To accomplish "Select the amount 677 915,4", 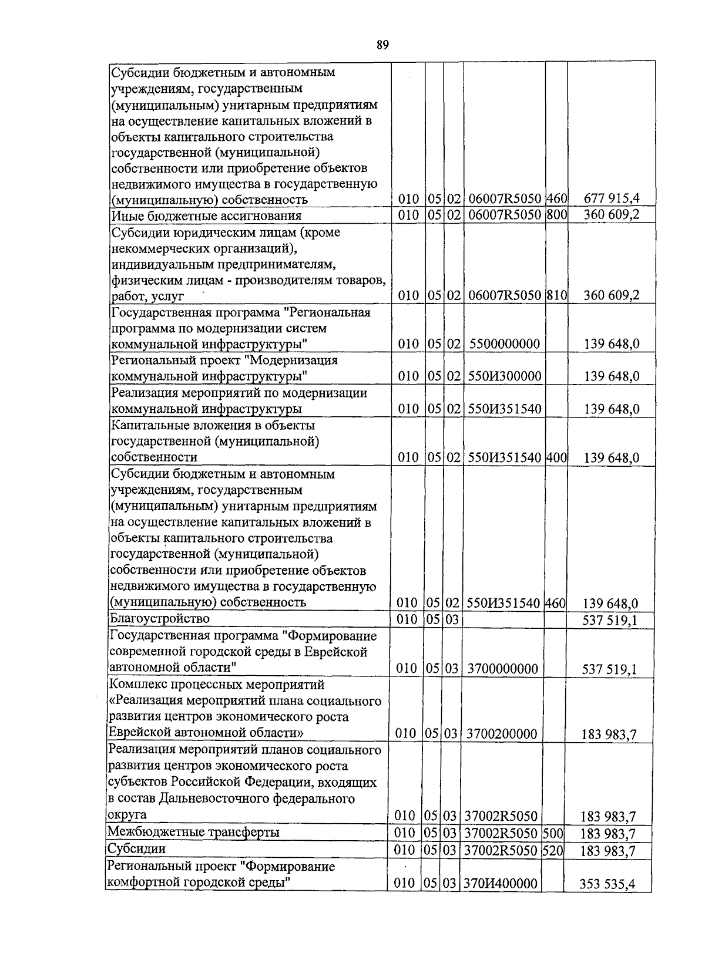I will [x=611, y=199].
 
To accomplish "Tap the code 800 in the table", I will [x=556, y=215].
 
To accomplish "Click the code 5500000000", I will [x=504, y=344].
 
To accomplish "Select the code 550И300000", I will [x=504, y=376].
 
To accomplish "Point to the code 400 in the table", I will [x=556, y=457].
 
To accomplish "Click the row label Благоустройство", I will [x=160, y=618].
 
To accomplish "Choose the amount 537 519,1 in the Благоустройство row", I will [x=609, y=620].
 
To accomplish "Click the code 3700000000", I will [x=502, y=669].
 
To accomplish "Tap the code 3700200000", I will [x=502, y=734].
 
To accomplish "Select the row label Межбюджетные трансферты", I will [x=193, y=832].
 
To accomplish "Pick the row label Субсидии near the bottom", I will [x=136, y=848].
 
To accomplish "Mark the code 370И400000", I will [x=501, y=883].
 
